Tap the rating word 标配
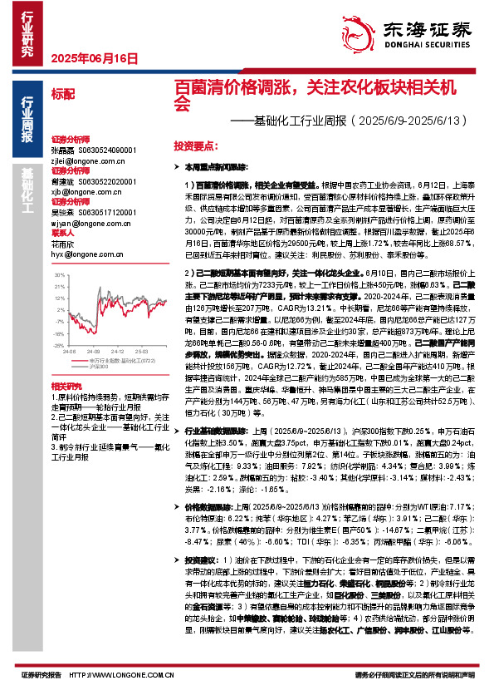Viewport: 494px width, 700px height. [62, 95]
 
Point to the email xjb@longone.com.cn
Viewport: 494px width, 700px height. [87, 192]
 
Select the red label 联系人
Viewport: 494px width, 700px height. [63, 233]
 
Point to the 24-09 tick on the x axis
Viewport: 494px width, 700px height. [95, 350]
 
